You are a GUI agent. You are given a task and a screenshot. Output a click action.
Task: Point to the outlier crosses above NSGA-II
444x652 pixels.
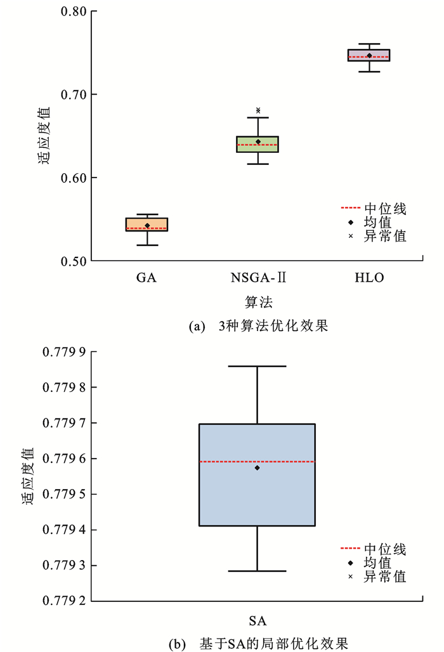pyautogui.click(x=258, y=110)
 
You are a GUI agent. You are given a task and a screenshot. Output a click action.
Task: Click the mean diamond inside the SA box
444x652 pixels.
pyautogui.click(x=258, y=468)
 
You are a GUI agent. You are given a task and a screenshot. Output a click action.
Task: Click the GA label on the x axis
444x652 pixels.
pyautogui.click(x=147, y=278)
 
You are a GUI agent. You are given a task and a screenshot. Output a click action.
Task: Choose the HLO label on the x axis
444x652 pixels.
pyautogui.click(x=369, y=278)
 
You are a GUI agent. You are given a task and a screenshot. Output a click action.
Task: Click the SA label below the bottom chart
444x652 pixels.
pyautogui.click(x=258, y=619)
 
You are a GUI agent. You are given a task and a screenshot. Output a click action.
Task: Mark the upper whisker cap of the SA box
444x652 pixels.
pyautogui.click(x=258, y=366)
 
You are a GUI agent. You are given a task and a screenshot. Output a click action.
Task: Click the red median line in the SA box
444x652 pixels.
pyautogui.click(x=285, y=462)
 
